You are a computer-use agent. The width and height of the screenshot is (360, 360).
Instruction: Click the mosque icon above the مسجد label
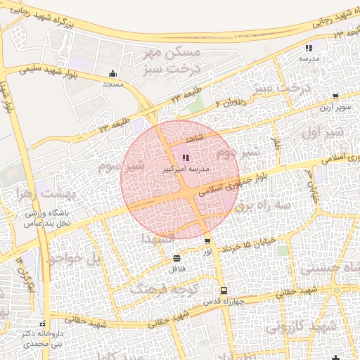pyautogui.click(x=112, y=73)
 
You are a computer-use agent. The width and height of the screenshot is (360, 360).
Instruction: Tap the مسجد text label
pyautogui.click(x=112, y=84)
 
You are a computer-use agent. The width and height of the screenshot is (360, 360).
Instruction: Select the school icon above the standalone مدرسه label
pyautogui.click(x=309, y=49)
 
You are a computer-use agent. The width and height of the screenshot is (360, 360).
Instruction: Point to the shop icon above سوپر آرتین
pyautogui.click(x=335, y=96)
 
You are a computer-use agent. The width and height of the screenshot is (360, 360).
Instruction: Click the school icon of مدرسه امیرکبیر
pyautogui.click(x=186, y=158)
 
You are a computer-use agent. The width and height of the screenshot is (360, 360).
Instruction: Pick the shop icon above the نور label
pyautogui.click(x=206, y=241)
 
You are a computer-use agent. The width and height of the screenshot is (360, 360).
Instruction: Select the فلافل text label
pyautogui.click(x=176, y=269)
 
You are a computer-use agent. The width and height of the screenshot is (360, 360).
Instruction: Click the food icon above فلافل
pyautogui.click(x=176, y=258)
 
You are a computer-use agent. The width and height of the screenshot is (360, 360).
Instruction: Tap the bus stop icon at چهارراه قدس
pyautogui.click(x=224, y=290)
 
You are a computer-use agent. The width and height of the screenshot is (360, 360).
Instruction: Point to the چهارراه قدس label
pyautogui.click(x=224, y=302)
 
